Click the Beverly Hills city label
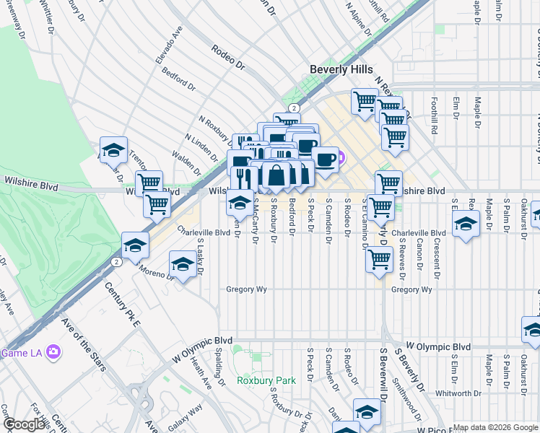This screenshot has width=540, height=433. point(341,69)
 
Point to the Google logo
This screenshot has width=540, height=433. point(24,424)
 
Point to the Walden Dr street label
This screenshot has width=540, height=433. point(186,163)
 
